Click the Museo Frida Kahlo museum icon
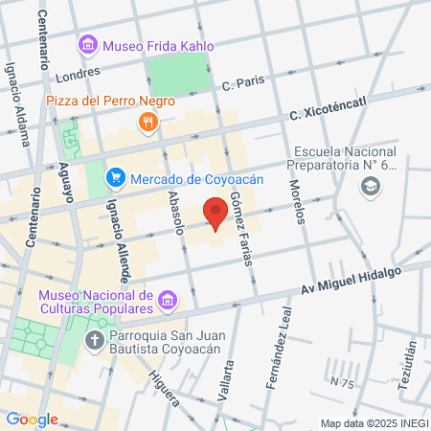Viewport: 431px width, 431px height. click(88, 44)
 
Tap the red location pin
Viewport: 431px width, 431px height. click(216, 212)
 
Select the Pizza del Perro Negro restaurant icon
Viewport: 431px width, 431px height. click(147, 121)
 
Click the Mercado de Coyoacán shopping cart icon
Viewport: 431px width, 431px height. click(116, 176)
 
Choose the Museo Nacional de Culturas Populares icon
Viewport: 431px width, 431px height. click(168, 302)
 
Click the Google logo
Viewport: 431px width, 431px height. click(32, 419)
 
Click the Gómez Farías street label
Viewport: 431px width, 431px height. click(242, 233)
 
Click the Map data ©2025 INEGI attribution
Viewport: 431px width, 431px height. click(374, 422)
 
